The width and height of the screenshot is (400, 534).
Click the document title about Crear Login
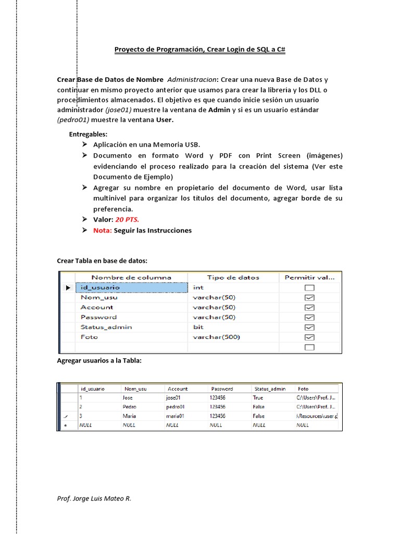click(x=199, y=50)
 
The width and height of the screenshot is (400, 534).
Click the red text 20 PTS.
click(x=127, y=220)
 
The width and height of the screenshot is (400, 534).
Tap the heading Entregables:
click(x=88, y=134)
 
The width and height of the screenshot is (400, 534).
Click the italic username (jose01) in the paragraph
click(x=118, y=110)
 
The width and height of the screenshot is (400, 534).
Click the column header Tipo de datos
click(x=233, y=277)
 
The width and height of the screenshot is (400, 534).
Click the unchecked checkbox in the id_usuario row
click(x=309, y=288)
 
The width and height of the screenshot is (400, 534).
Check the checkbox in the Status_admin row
click(x=309, y=327)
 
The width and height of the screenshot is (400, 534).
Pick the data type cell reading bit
click(x=198, y=327)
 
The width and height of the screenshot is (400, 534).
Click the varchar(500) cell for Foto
click(x=216, y=337)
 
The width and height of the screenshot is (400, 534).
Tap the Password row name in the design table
click(x=99, y=317)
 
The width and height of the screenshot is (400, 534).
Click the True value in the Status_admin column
click(x=258, y=397)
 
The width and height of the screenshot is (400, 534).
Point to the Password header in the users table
click(x=222, y=389)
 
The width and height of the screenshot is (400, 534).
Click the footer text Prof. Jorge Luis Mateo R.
click(x=94, y=498)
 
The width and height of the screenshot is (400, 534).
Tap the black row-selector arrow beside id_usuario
click(x=68, y=287)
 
